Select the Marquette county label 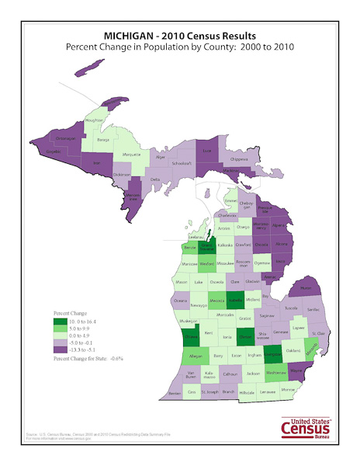tap(132, 155)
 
